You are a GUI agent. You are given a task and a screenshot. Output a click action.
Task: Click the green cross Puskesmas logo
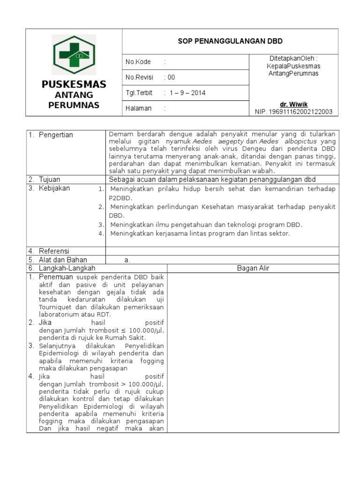click(x=74, y=55)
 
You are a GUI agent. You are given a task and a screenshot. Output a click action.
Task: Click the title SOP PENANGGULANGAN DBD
click(x=230, y=41)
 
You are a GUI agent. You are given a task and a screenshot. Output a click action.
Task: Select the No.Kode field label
click(x=138, y=62)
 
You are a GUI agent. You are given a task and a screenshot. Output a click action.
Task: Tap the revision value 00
click(x=171, y=77)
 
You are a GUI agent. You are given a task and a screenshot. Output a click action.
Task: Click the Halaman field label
click(x=138, y=108)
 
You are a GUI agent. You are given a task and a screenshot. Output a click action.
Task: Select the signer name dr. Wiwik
click(x=294, y=104)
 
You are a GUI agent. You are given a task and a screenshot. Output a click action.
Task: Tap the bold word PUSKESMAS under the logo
click(x=74, y=84)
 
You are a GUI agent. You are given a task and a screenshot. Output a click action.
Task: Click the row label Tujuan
click(x=49, y=180)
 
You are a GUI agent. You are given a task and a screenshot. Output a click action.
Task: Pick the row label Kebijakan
click(x=54, y=188)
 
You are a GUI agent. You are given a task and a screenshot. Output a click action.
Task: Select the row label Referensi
click(x=53, y=251)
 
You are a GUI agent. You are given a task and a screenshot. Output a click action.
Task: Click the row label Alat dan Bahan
click(x=62, y=260)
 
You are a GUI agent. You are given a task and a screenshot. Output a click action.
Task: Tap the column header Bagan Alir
click(x=253, y=268)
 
